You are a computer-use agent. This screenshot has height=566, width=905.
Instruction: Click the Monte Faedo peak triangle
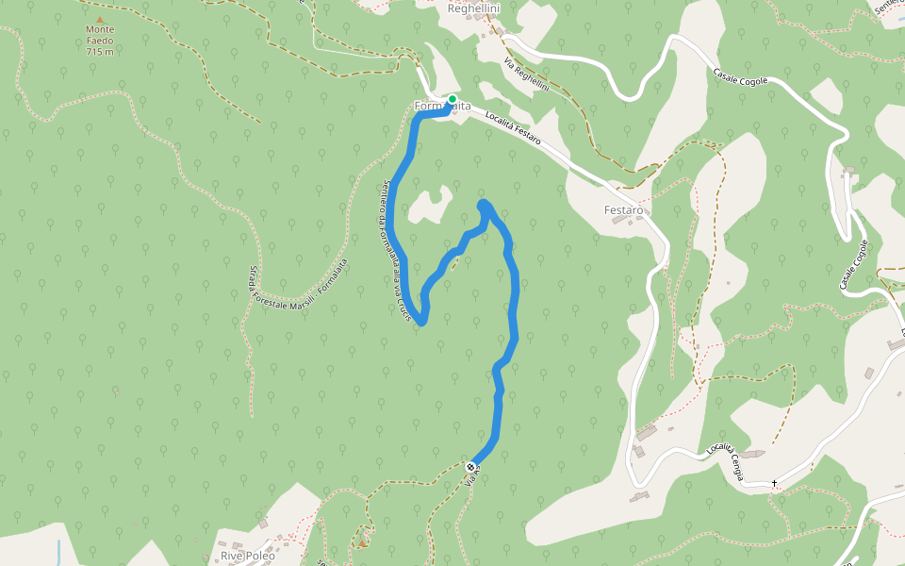tap(99, 18)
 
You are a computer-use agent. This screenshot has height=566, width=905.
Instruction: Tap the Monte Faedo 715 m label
tap(99, 41)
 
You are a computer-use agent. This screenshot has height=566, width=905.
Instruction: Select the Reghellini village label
tap(473, 8)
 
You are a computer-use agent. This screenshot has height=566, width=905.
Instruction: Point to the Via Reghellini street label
tap(526, 75)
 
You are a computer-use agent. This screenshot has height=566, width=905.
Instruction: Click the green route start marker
tap(452, 99)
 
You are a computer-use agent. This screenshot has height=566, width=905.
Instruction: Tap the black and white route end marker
tap(470, 466)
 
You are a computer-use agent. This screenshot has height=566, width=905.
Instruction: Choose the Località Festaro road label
tap(513, 128)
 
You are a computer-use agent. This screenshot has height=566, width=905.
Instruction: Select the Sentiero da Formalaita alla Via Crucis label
tap(396, 253)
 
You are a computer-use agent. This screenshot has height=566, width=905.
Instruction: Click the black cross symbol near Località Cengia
tap(775, 483)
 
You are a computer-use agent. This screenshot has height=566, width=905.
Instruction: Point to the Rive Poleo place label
tap(248, 556)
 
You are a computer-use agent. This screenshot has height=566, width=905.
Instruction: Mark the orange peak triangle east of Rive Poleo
tap(361, 542)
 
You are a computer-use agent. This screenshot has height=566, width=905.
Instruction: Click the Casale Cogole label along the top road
tap(740, 76)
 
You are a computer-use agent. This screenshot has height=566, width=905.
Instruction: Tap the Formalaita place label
tap(442, 107)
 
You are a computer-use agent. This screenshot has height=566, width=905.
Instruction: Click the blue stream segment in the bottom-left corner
tap(58, 551)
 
